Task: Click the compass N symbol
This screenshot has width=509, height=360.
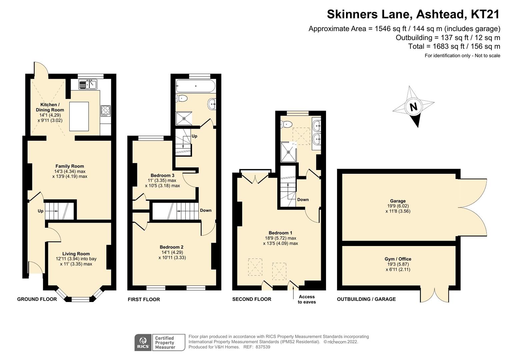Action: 413,107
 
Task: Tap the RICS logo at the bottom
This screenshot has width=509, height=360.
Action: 143,343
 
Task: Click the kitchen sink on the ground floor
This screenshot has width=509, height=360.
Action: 88,85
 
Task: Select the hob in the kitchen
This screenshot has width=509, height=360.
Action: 106,110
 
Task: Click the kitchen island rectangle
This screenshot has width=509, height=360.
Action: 79,116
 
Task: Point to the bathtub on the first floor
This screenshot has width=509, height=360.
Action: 196,86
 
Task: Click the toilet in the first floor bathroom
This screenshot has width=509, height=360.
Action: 182,98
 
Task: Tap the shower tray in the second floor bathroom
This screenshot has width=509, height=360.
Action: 288,152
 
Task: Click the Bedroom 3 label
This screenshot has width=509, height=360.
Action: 162,175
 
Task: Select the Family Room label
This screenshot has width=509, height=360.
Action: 70,166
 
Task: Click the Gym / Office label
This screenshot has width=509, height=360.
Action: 398,259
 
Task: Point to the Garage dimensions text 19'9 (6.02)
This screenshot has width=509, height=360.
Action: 398,206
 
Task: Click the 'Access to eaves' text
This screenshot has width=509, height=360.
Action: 307,299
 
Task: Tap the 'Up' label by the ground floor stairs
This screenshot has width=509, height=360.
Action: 40,211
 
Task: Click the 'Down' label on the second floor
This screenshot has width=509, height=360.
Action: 303,200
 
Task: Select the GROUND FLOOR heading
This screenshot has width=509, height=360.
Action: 37,299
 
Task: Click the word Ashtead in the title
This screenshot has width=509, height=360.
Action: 440,14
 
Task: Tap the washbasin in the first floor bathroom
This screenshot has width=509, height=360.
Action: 212,104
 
